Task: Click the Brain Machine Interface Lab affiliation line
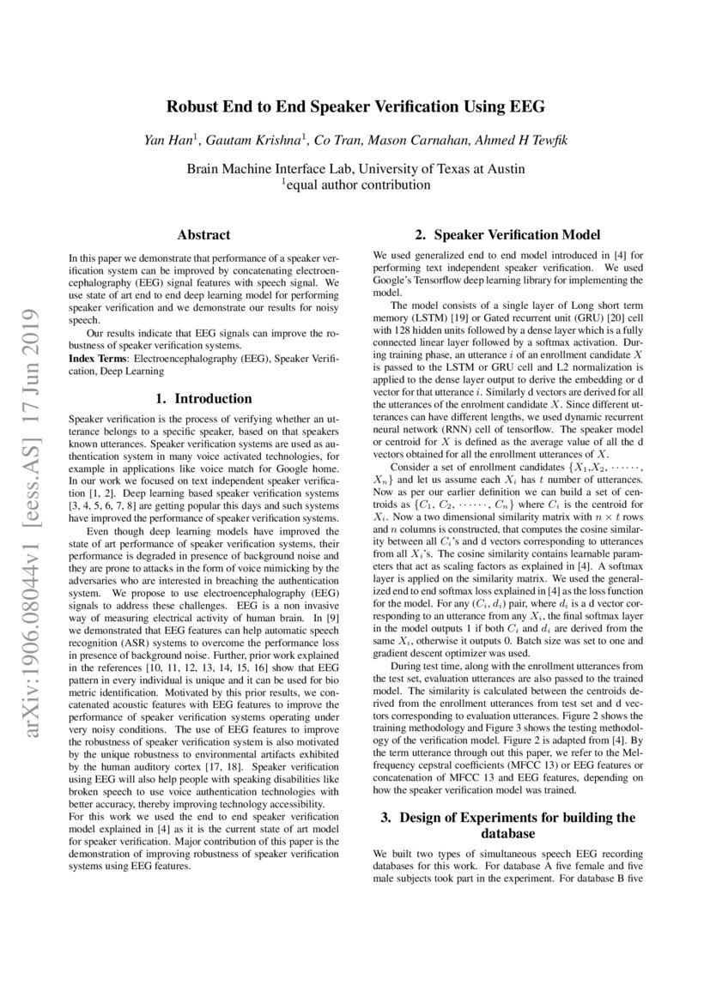(355, 168)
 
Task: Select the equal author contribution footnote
(355, 184)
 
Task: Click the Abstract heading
(203, 234)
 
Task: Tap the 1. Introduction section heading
(203, 399)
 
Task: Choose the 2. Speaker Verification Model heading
(507, 234)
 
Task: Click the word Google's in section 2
(393, 280)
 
